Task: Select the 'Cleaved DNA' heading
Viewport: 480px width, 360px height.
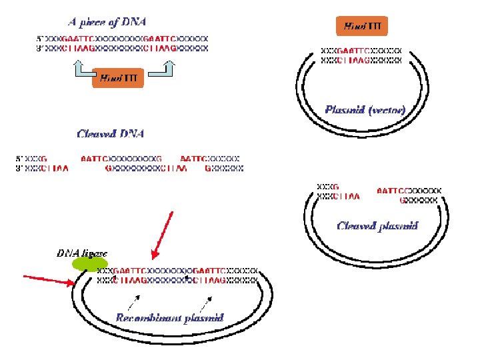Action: coord(111,134)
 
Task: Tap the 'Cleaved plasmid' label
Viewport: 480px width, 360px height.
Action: coord(377,225)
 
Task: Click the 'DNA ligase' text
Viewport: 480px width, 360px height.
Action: coord(81,253)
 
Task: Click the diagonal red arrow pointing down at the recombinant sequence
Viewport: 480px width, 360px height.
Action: coord(163,234)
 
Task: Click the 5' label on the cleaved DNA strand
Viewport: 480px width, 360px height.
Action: coord(20,159)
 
